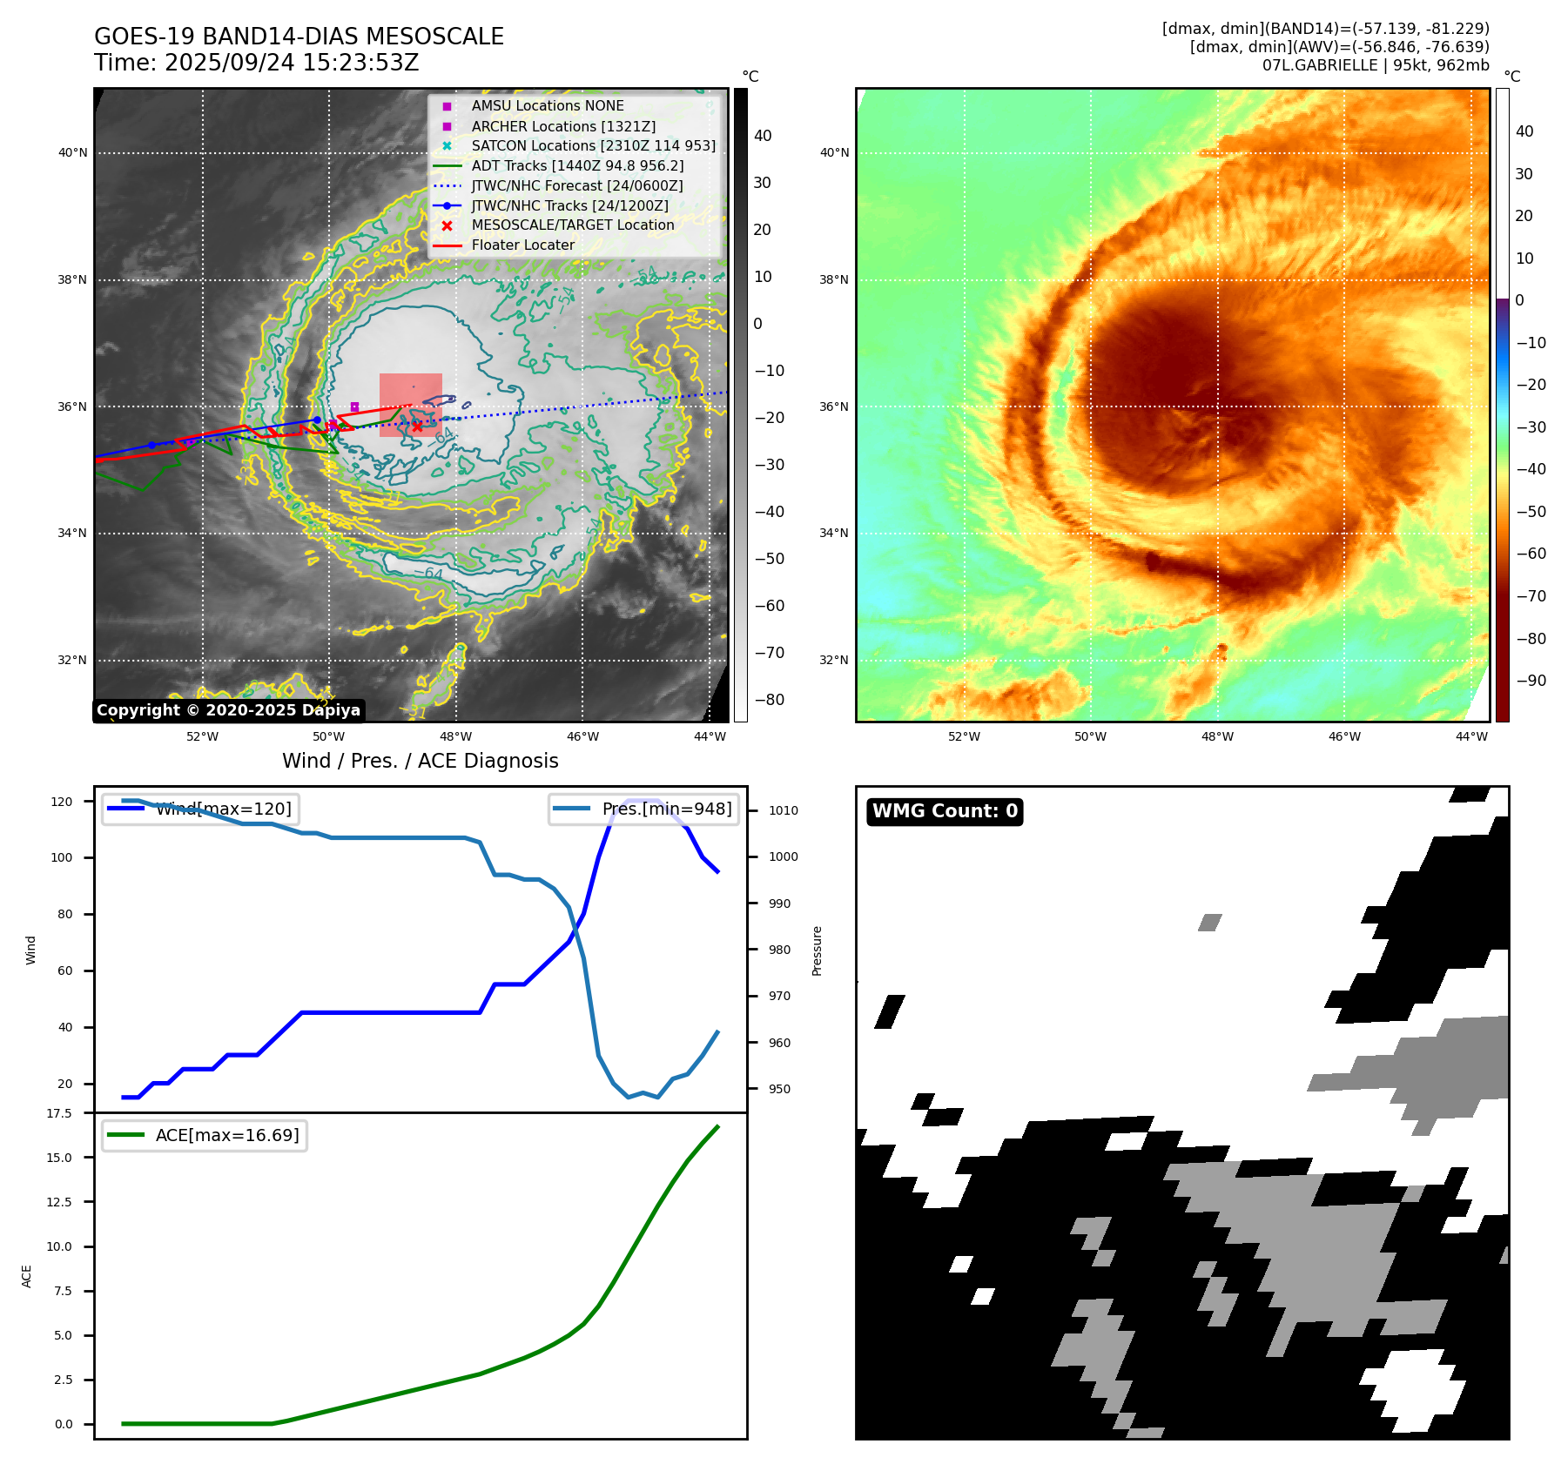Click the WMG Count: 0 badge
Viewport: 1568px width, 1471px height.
click(x=945, y=811)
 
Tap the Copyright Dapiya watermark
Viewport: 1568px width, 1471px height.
click(x=228, y=710)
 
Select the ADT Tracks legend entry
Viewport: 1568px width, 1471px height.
click(x=577, y=165)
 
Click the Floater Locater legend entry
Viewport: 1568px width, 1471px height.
click(x=522, y=245)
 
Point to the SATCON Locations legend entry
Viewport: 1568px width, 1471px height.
click(x=593, y=145)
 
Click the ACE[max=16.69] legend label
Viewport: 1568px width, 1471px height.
click(x=226, y=1135)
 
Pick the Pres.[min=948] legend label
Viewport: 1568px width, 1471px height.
click(x=666, y=809)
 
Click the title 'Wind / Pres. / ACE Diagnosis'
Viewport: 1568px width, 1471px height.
click(x=420, y=761)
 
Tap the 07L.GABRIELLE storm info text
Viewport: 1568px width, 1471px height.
click(x=1376, y=65)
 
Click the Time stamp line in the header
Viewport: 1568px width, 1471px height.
click(x=257, y=63)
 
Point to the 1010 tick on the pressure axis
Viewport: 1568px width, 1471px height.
click(x=783, y=810)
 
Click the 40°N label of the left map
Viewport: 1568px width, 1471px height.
click(x=73, y=153)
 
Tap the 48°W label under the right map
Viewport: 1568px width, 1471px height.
click(x=1217, y=736)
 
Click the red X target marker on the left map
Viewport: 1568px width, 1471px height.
click(x=417, y=427)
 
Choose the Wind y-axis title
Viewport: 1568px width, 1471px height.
click(x=31, y=950)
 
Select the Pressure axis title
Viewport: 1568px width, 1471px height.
click(x=817, y=950)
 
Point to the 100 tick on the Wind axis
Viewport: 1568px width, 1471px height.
click(x=62, y=857)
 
